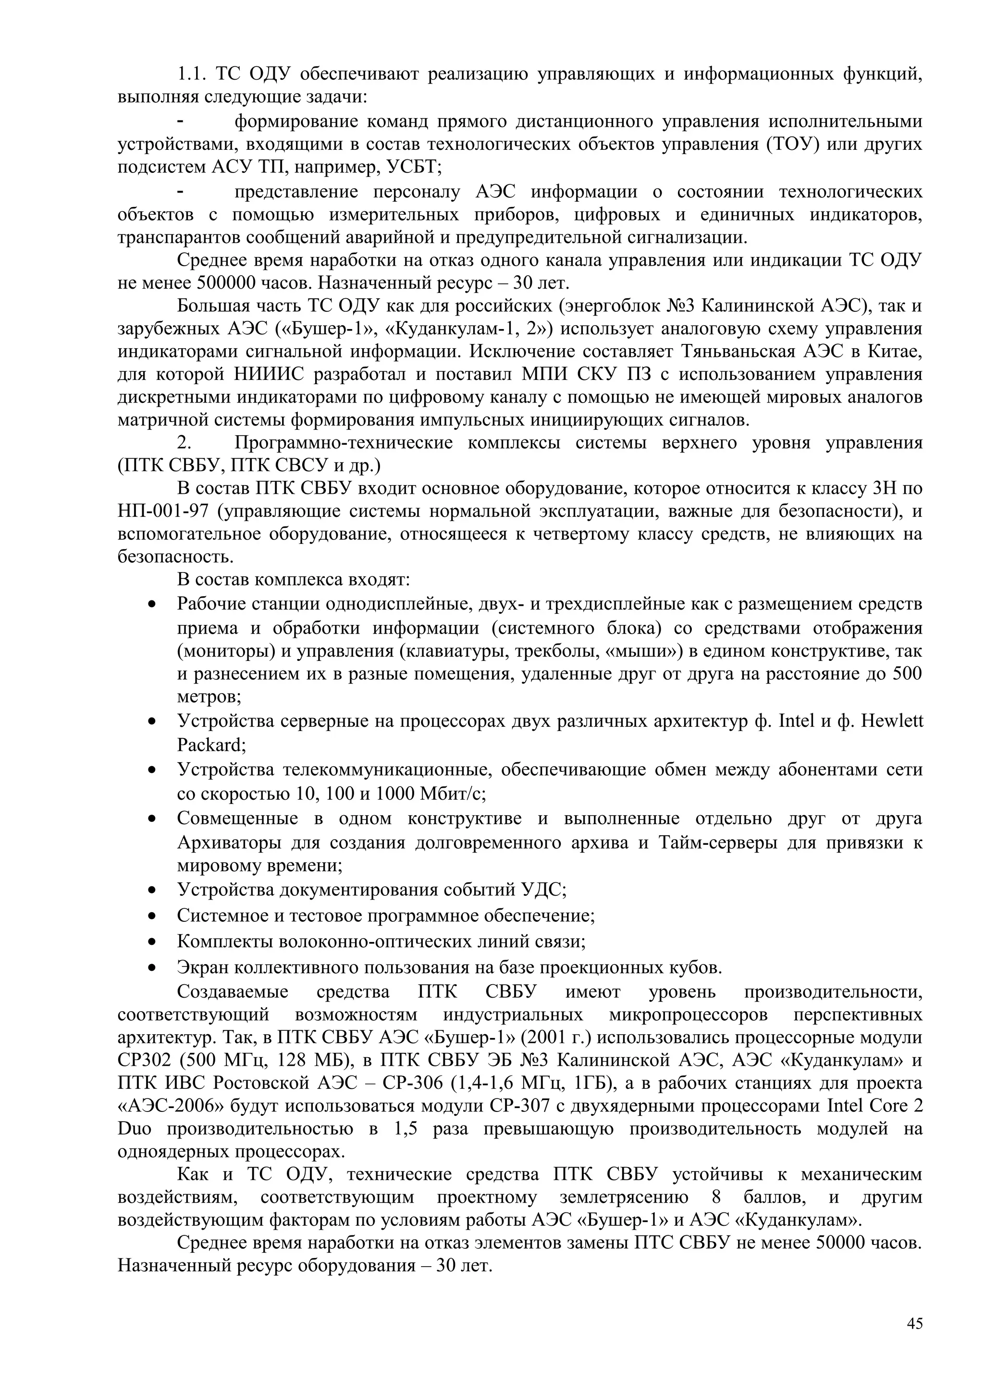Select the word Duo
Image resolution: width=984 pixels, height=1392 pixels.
point(134,1129)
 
